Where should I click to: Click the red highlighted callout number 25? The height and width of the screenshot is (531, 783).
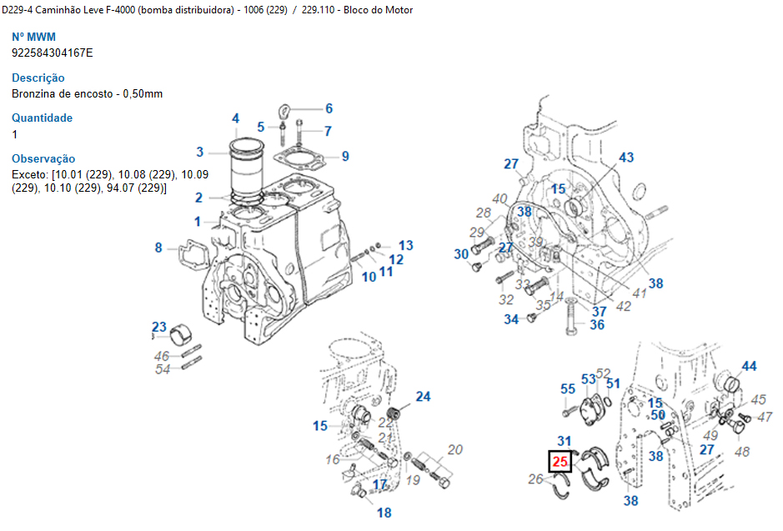tap(560, 462)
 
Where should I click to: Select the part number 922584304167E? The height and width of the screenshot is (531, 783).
tap(53, 53)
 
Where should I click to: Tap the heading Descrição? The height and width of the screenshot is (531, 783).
tap(38, 78)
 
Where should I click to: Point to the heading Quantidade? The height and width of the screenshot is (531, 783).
tap(42, 118)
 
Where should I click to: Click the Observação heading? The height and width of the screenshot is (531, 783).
tap(43, 158)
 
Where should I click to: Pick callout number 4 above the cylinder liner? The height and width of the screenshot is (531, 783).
tap(236, 118)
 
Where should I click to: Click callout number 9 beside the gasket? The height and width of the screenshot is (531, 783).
tap(345, 156)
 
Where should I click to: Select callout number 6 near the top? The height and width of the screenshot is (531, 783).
tap(329, 108)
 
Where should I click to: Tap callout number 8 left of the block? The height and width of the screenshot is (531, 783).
tap(158, 247)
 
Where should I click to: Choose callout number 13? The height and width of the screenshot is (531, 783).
tap(405, 245)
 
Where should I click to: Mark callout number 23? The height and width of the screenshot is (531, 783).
tap(158, 326)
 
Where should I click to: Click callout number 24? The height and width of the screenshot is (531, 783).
tap(423, 396)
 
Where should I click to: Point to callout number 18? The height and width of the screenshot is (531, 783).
tap(384, 513)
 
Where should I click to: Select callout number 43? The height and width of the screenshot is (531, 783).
tap(625, 158)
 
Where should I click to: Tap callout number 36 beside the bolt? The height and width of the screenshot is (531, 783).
tap(597, 325)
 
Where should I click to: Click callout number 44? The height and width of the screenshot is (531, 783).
tap(750, 367)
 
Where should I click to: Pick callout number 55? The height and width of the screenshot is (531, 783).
tap(568, 388)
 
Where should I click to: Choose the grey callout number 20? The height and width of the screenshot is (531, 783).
tap(454, 450)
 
